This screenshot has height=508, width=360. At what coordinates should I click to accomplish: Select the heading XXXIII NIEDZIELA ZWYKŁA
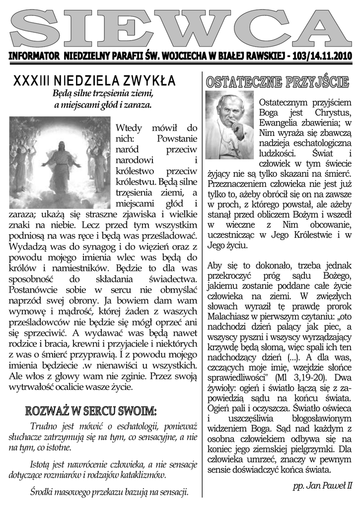(x=94, y=80)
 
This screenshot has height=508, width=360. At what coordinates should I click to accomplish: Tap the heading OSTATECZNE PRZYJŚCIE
(x=278, y=82)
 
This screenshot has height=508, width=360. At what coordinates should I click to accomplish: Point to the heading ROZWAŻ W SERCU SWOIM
(x=91, y=411)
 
